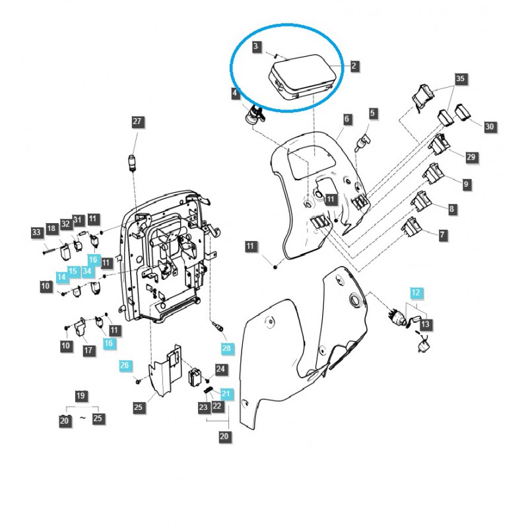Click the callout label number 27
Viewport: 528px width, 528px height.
click(137, 121)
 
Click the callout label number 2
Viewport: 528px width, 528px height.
click(354, 66)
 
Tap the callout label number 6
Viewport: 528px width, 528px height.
click(347, 119)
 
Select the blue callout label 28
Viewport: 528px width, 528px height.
click(226, 347)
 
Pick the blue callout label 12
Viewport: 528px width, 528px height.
click(415, 292)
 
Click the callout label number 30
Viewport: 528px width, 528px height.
click(489, 126)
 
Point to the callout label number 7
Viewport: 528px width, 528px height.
click(443, 234)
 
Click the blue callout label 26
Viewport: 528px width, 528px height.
click(125, 365)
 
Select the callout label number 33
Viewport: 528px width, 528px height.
click(36, 232)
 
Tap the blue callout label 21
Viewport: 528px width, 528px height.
click(226, 393)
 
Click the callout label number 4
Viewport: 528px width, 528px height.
click(235, 94)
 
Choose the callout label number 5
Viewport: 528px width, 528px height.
click(373, 114)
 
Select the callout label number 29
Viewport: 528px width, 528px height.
click(471, 157)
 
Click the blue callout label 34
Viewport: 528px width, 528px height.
click(87, 271)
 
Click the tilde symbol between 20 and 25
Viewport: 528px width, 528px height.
click(81, 418)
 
